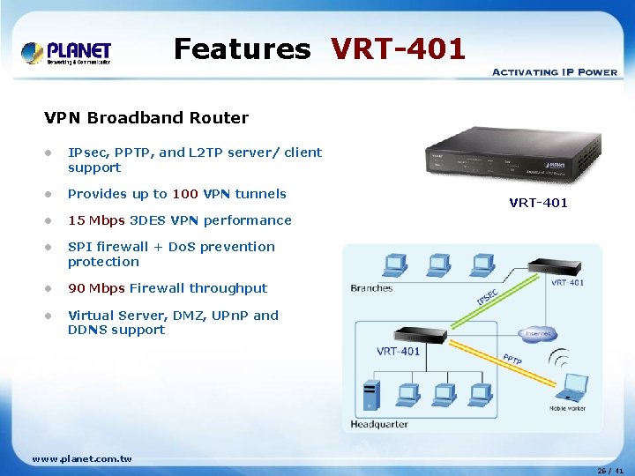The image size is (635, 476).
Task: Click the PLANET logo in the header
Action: [66, 53]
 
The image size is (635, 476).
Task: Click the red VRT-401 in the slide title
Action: [398, 48]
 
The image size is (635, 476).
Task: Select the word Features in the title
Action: [242, 48]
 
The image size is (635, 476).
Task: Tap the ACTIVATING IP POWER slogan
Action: [554, 71]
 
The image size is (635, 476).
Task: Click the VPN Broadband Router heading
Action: [146, 117]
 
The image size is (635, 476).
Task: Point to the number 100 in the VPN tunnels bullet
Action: [185, 194]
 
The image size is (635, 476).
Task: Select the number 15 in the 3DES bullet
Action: [76, 220]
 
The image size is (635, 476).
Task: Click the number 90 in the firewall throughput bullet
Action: [78, 288]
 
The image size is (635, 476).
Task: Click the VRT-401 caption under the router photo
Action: [538, 203]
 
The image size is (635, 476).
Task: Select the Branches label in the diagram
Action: [371, 288]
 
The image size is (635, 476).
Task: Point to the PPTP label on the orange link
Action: [512, 359]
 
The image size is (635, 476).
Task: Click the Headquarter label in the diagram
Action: [379, 424]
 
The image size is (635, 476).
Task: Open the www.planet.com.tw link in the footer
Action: [82, 458]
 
